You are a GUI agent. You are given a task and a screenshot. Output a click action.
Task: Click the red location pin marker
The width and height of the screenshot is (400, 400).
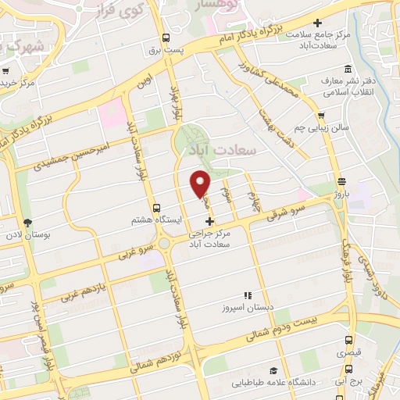point(201,183)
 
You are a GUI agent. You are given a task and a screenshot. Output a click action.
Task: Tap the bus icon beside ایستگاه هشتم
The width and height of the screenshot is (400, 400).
point(158,208)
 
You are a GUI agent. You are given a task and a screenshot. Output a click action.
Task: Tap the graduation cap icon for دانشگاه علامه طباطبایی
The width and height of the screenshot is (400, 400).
point(273,370)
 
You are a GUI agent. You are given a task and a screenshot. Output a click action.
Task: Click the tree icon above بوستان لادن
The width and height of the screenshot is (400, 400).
point(27,223)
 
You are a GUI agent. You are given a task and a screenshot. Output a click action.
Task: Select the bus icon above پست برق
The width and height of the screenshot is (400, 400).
point(166,37)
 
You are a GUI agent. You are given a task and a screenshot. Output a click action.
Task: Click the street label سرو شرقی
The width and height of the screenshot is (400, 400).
point(284,211)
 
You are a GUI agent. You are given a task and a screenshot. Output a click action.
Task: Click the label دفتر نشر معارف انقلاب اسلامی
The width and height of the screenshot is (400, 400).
point(353,91)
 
